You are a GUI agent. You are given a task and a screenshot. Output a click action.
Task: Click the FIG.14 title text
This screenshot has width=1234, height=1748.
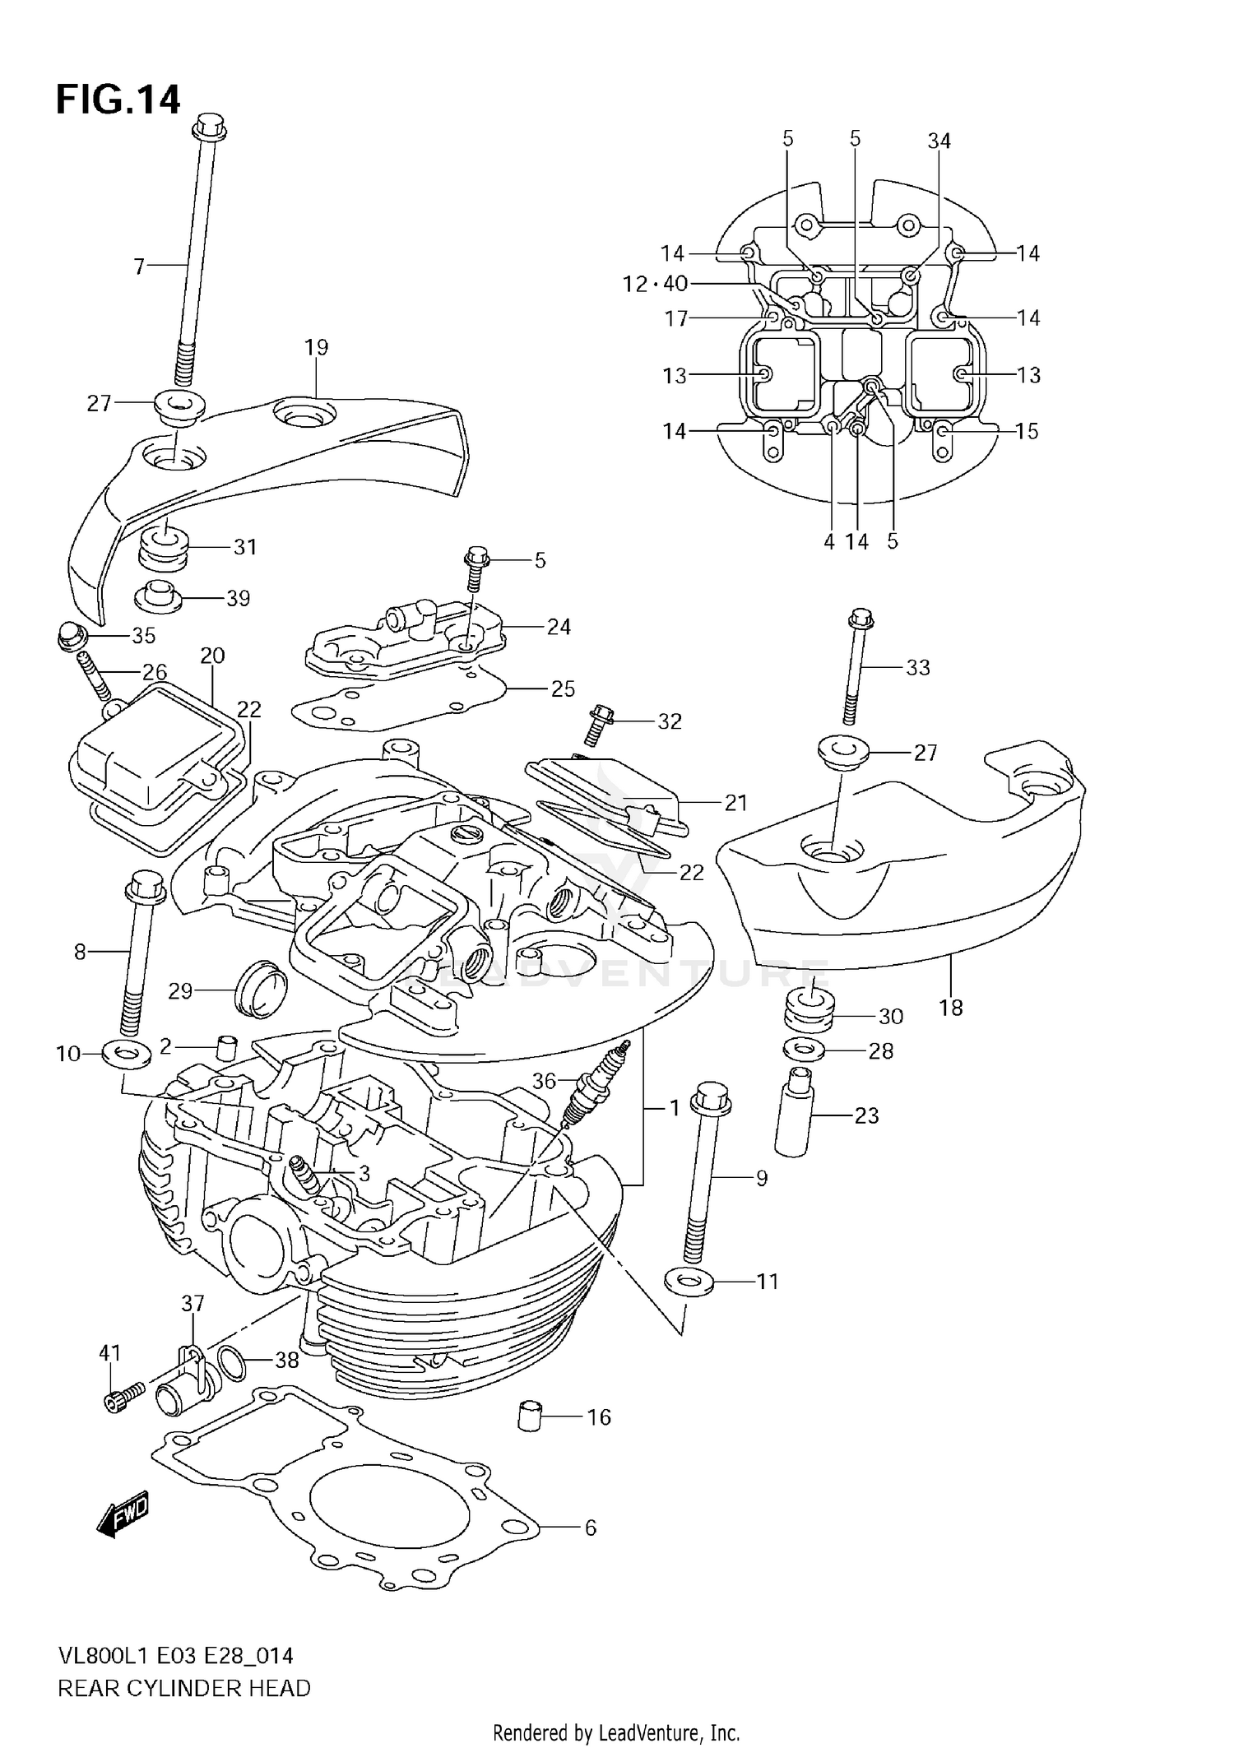[x=118, y=100]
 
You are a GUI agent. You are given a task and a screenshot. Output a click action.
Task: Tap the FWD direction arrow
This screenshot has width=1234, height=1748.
[x=123, y=1513]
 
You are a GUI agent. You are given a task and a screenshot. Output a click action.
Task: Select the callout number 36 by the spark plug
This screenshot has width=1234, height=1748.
[x=544, y=1081]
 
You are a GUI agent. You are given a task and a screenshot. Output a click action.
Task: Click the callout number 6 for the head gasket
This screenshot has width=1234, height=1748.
[x=590, y=1528]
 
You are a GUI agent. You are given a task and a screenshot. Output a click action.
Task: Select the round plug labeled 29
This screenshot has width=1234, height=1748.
[x=261, y=986]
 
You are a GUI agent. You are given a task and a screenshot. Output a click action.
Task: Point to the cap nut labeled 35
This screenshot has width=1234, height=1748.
[x=72, y=635]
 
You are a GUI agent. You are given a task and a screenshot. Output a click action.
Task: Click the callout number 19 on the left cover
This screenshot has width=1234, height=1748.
[x=316, y=347]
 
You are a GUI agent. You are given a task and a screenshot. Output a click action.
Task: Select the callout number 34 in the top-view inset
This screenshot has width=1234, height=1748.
[x=939, y=141]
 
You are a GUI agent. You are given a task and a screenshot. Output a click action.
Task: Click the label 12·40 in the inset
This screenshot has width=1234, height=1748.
[x=655, y=284]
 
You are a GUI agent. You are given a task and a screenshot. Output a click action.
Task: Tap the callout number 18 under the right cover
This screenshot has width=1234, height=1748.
[x=950, y=1008]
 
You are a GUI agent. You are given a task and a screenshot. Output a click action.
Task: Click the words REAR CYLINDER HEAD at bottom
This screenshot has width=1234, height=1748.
[x=184, y=1688]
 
